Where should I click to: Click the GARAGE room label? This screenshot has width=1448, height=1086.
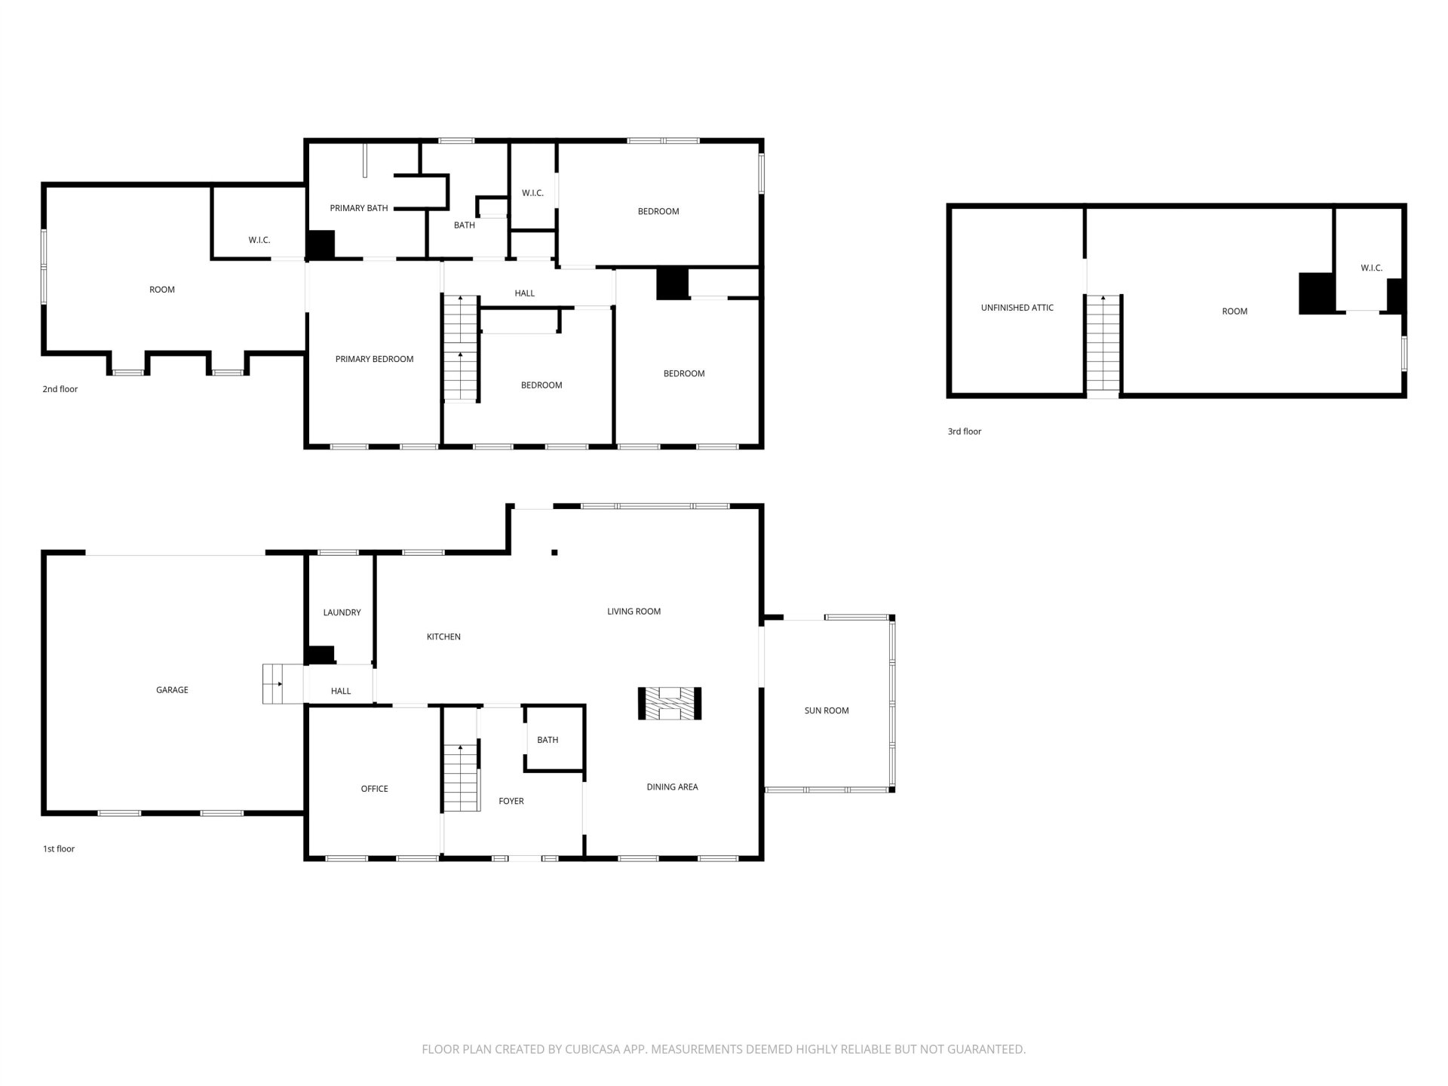tap(172, 690)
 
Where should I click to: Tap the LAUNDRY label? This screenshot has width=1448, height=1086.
tap(342, 612)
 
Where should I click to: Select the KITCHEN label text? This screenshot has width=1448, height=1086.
tap(443, 637)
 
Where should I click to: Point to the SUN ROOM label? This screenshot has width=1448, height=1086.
tap(827, 710)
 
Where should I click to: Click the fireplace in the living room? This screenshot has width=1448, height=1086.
tap(670, 704)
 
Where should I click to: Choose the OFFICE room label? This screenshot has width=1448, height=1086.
tap(374, 789)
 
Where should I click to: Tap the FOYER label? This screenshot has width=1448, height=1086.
tap(511, 801)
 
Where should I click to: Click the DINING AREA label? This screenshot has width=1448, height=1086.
tap(672, 787)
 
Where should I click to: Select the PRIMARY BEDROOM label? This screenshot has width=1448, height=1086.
tap(374, 359)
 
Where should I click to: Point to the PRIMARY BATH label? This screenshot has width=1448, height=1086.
tap(359, 208)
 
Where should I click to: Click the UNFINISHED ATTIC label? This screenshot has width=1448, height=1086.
tap(1017, 308)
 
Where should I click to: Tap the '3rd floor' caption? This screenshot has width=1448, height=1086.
tap(965, 431)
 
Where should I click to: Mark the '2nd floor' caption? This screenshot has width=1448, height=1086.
tap(60, 389)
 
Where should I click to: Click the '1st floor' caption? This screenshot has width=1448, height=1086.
tap(59, 848)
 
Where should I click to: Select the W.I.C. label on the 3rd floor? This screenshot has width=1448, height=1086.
tap(1372, 268)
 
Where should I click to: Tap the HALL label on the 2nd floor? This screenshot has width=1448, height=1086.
tap(525, 293)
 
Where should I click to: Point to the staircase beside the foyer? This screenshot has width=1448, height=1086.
tap(461, 778)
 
